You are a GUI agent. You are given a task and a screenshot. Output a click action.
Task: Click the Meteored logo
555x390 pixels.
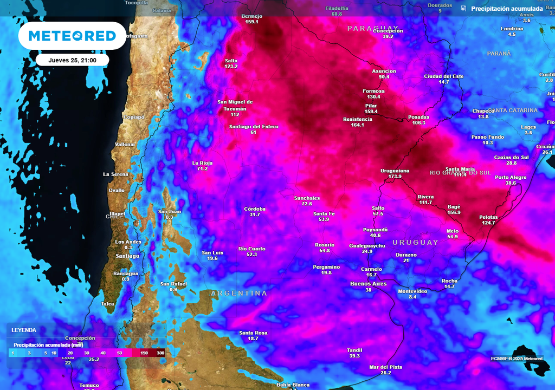pyautogui.click(x=72, y=36)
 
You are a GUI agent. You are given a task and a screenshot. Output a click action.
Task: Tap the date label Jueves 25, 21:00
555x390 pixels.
pyautogui.click(x=72, y=60)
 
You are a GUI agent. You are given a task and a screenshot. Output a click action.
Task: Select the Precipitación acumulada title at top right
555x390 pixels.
pyautogui.click(x=507, y=9)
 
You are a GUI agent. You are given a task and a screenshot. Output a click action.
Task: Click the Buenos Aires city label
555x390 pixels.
pyautogui.click(x=369, y=283)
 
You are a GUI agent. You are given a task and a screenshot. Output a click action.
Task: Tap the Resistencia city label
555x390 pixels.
pyautogui.click(x=358, y=119)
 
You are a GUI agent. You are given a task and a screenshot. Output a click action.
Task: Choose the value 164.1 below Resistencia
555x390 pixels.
pyautogui.click(x=358, y=125)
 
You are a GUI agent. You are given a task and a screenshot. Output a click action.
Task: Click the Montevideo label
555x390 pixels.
pyautogui.click(x=412, y=291)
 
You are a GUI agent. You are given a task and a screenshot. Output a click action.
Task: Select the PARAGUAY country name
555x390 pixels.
pyautogui.click(x=373, y=28)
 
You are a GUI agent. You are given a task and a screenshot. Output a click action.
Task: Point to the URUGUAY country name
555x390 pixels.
pyautogui.click(x=415, y=243)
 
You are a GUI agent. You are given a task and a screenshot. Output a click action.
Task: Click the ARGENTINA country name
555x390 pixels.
pyautogui.click(x=239, y=293)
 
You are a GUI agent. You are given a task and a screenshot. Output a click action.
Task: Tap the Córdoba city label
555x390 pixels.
pyautogui.click(x=255, y=209)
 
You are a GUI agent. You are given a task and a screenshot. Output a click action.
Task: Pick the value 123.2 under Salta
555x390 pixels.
pyautogui.click(x=231, y=66)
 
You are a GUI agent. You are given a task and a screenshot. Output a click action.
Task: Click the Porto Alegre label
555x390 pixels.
pyautogui.click(x=511, y=177)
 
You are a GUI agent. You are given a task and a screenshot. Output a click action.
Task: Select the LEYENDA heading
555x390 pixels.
pyautogui.click(x=24, y=329)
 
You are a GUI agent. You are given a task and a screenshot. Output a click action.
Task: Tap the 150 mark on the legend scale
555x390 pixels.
pyautogui.click(x=144, y=353)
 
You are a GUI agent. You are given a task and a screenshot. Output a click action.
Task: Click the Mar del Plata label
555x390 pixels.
pyautogui.click(x=386, y=367)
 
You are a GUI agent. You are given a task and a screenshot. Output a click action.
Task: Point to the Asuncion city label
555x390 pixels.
pyautogui.click(x=384, y=71)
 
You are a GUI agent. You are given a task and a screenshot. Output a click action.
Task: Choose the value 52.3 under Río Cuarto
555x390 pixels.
pyautogui.click(x=252, y=255)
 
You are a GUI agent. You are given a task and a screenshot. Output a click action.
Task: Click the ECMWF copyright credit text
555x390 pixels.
pyautogui.click(x=517, y=359)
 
